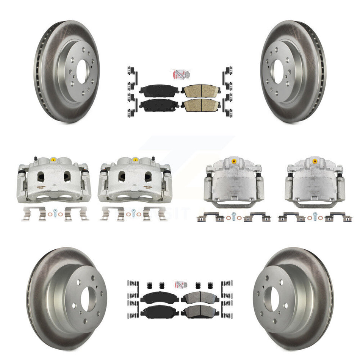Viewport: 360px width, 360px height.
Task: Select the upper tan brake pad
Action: pyautogui.click(x=201, y=91)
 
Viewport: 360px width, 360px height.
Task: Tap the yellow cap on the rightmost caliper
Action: pyautogui.click(x=314, y=162)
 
